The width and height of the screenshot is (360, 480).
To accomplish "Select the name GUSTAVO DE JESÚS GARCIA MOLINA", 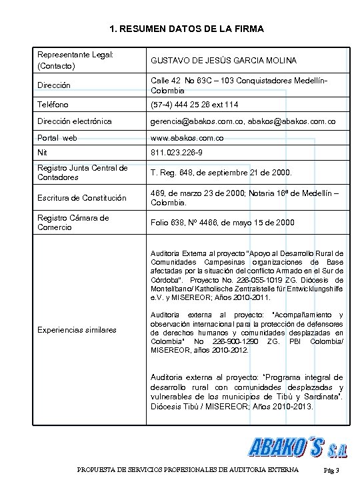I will [x=223, y=61].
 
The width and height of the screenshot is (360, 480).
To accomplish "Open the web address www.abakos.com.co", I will [x=187, y=138].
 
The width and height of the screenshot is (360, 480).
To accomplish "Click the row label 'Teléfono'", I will [x=56, y=105].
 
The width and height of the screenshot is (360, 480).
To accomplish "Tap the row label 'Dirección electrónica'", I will [x=74, y=121].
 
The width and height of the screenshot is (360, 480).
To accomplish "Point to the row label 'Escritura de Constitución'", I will [x=81, y=197].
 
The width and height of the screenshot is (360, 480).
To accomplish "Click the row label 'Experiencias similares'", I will [x=76, y=329].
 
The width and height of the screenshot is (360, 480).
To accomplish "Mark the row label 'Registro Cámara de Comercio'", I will [x=73, y=223].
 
